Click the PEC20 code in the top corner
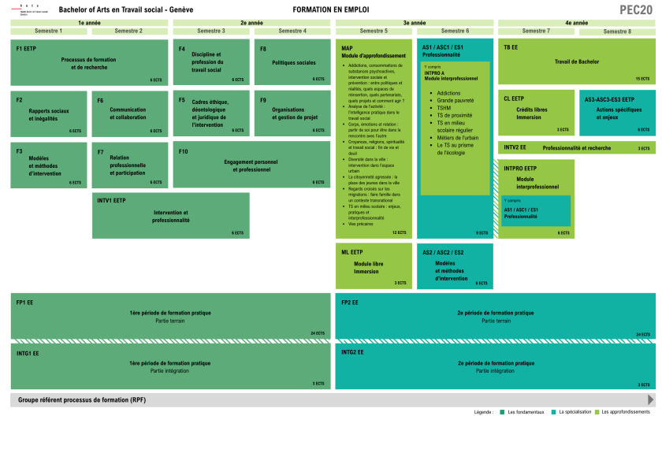635,9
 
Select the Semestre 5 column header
374,31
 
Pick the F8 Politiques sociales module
292,61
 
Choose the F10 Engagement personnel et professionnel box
251,165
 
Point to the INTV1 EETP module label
111,200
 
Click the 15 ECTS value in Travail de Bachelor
642,79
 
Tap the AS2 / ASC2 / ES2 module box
455,266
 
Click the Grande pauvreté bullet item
456,101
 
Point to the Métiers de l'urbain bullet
457,138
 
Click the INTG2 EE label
352,353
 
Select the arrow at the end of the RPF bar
650,399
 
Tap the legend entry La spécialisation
575,412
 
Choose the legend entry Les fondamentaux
526,412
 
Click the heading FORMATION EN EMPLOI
330,9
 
